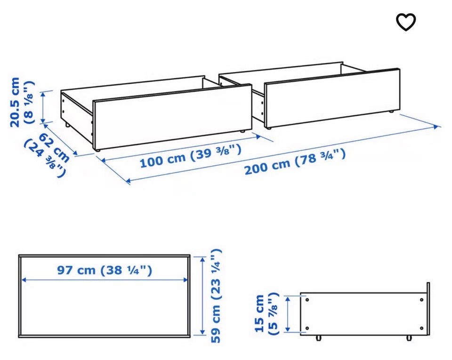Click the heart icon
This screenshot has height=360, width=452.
click(406, 22)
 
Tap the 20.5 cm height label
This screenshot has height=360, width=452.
click(15, 102)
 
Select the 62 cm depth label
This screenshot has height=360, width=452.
click(54, 148)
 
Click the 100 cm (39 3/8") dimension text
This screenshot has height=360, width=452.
click(190, 156)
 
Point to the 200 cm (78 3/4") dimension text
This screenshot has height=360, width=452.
click(295, 161)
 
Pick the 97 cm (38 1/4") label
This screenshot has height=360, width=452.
click(105, 270)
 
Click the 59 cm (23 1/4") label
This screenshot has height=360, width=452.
click(216, 296)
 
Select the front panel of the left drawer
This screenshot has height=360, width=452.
click(173, 117)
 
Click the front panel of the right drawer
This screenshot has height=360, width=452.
click(332, 98)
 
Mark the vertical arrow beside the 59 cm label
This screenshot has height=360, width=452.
click(202, 296)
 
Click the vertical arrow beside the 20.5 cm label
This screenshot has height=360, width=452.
click(43, 107)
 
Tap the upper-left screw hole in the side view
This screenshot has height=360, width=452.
click(307, 300)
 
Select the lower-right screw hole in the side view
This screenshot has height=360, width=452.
click(422, 328)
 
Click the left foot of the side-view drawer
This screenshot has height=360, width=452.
click(319, 338)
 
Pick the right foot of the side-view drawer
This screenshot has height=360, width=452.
click(409, 338)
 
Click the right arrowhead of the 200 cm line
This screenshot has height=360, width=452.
click(437, 127)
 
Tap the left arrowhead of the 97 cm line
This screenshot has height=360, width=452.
click(24, 280)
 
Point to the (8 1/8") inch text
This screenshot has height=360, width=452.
click(29, 103)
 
